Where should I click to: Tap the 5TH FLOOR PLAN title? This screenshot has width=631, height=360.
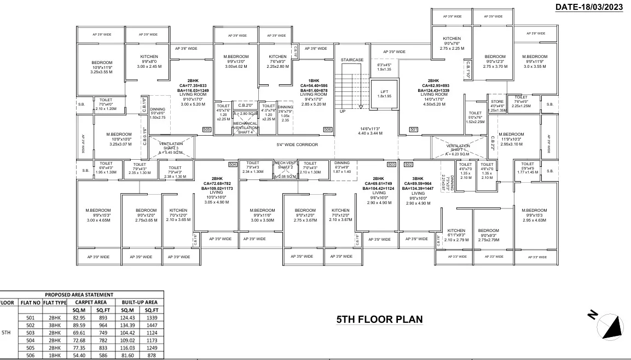379,320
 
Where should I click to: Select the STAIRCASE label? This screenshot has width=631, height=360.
352,60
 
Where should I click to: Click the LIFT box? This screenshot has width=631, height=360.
384,93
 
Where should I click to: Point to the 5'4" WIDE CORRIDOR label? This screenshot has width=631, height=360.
297,145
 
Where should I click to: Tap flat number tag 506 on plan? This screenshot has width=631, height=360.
328,129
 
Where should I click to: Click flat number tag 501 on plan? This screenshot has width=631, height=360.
413,129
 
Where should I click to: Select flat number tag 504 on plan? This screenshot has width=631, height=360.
232,164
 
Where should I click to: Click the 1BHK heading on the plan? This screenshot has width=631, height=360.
314,80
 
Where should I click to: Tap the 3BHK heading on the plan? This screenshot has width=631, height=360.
418,178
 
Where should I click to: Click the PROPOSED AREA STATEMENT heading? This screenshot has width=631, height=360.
79,294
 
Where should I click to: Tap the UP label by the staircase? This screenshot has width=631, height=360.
343,111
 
